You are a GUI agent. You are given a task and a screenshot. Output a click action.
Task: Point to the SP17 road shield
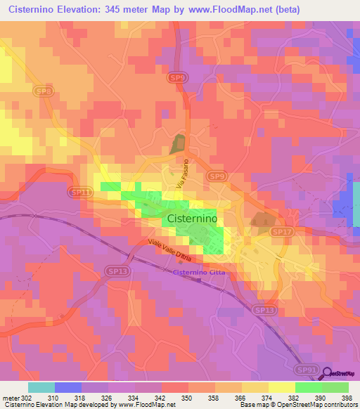pyautogui.click(x=281, y=231)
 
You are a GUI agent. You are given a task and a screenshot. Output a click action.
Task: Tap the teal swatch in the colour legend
pyautogui.click(x=41, y=387)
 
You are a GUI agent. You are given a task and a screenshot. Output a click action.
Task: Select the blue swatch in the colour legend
pyautogui.click(x=67, y=387)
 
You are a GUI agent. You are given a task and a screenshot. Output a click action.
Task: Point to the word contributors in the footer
pyautogui.click(x=340, y=405)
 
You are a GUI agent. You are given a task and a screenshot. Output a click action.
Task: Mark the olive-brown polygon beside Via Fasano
pyautogui.click(x=176, y=144)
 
